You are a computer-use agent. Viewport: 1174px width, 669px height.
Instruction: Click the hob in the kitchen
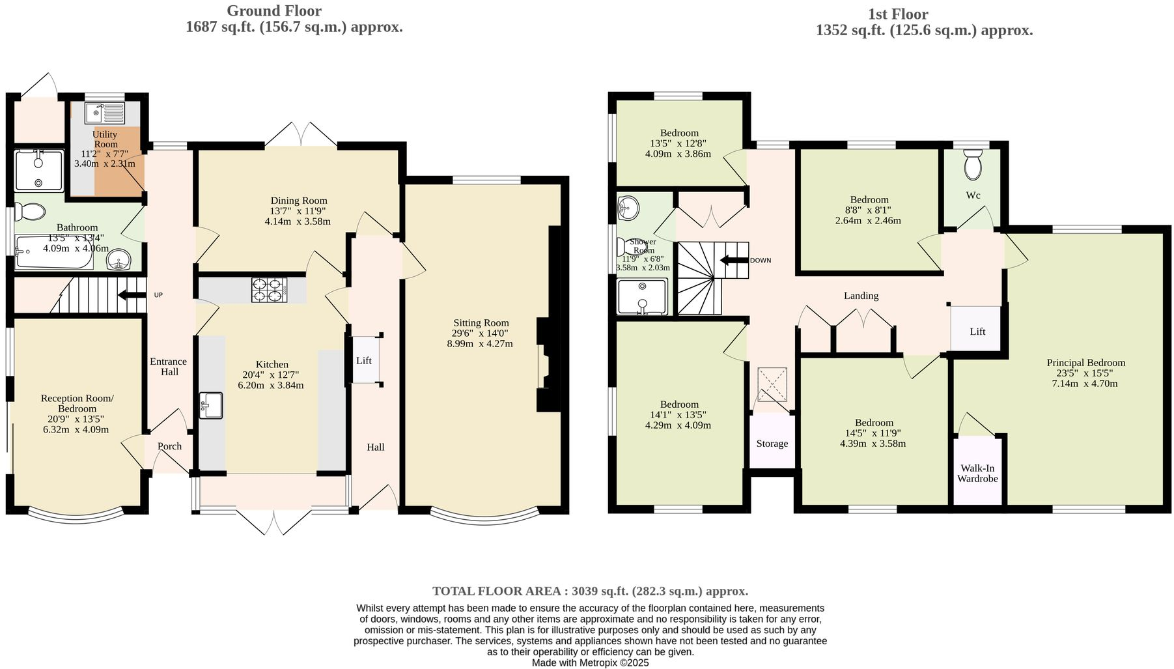point(269,290)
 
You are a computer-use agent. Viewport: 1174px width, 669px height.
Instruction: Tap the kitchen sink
point(210,405)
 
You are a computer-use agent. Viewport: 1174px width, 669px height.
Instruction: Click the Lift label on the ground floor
point(364,360)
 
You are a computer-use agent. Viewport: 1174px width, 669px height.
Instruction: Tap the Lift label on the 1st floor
point(977,331)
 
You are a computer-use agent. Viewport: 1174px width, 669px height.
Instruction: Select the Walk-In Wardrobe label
point(977,474)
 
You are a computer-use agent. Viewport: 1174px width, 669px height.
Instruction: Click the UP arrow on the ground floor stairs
point(132,295)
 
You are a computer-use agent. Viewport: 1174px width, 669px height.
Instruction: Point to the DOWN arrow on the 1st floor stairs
point(734,261)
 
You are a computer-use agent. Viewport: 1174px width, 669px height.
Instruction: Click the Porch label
point(170,446)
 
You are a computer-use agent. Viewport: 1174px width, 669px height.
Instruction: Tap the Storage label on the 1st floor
point(772,444)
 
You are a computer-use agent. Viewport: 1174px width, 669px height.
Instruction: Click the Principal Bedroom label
point(1085,363)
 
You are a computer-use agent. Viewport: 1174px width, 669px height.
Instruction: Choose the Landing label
point(861,296)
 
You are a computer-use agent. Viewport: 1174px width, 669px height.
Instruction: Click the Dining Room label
point(299,201)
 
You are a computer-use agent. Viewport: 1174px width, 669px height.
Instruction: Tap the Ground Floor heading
point(274,11)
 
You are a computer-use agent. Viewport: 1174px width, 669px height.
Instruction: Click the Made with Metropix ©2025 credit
point(590,662)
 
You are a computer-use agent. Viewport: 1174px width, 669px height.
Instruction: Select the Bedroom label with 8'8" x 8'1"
point(869,200)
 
